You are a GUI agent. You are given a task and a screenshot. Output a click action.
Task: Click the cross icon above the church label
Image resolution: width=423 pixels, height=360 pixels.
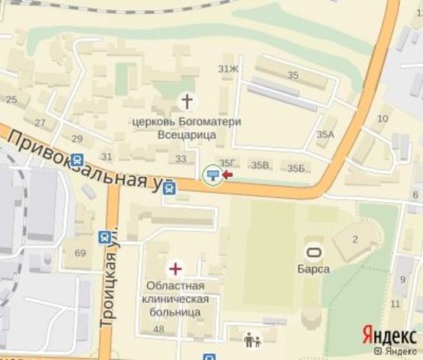coord(186,101)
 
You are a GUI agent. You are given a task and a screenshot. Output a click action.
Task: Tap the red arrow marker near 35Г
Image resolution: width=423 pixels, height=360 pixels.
coord(227,175)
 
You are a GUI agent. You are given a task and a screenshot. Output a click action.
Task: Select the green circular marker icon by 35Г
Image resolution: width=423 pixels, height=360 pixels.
coord(213,175)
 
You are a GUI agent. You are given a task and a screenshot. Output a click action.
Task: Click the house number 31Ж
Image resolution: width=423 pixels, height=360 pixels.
coord(228,69)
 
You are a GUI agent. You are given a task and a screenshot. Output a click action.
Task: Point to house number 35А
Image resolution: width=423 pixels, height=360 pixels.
coord(325,134)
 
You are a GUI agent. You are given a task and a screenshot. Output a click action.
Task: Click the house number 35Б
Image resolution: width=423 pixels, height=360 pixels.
coord(296,168)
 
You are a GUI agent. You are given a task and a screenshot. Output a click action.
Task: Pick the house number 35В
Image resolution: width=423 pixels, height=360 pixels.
coord(261,166)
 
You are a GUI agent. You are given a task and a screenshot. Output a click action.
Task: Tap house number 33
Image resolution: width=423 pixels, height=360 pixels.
coord(181,159)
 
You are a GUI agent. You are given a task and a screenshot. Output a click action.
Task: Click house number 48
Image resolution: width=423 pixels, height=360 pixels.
coord(159,329)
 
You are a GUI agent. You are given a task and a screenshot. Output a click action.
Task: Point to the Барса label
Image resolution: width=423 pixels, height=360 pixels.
coord(313,268)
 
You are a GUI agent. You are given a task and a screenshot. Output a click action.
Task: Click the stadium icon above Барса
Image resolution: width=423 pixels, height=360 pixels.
coord(312,251)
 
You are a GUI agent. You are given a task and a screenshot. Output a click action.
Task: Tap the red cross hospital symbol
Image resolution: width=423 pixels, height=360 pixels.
coord(176,268)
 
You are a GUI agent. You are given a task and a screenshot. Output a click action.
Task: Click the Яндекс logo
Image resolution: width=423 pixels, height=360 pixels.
coord(389,335)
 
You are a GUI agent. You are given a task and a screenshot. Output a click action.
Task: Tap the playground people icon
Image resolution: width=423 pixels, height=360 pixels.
coord(252,340)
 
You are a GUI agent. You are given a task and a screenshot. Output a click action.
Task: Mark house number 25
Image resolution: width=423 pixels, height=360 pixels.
coord(11,99)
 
